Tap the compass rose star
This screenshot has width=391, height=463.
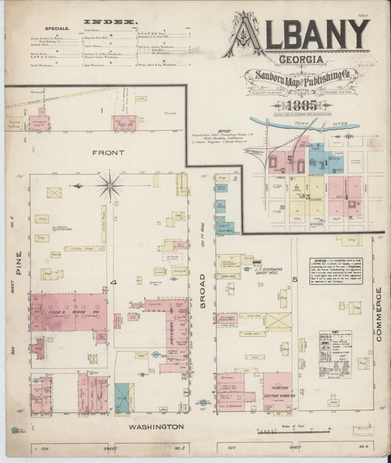click(110, 185)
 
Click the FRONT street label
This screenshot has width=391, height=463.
click(109, 152)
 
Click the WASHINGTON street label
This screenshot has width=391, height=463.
click(156, 426)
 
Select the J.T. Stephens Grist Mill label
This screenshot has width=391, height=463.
click(269, 271)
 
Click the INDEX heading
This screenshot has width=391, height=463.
click(99, 23)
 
